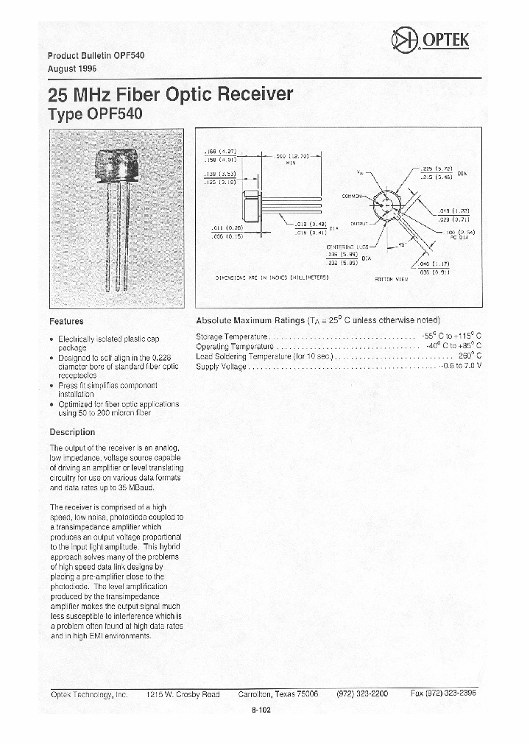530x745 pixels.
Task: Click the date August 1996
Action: click(x=71, y=68)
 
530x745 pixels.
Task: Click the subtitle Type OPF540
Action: click(x=94, y=115)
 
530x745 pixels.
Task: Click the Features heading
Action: click(x=66, y=321)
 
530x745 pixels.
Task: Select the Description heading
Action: click(x=72, y=432)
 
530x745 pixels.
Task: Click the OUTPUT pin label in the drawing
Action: click(x=359, y=222)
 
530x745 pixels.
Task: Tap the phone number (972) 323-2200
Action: click(x=361, y=694)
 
